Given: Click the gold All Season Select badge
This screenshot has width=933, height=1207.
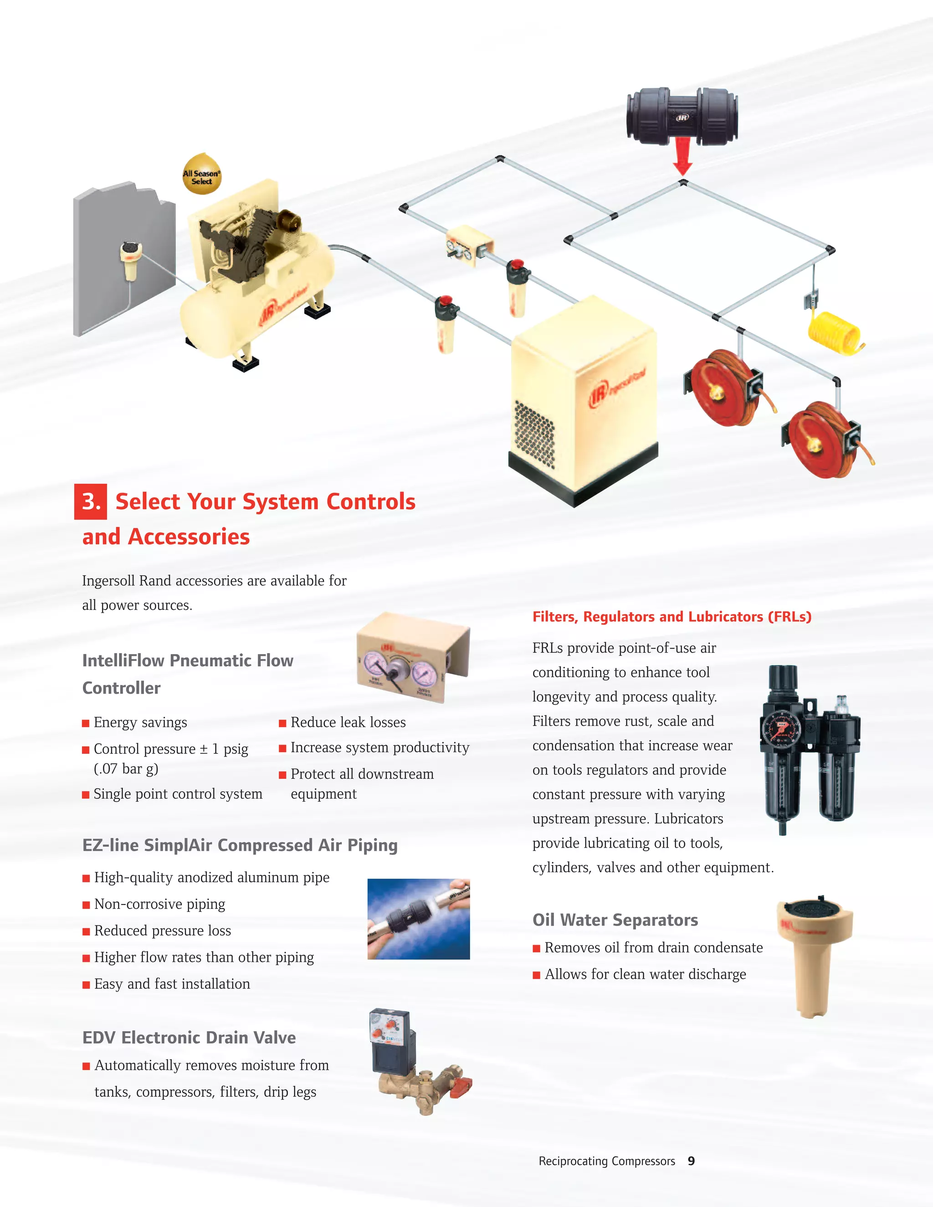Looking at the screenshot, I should (x=202, y=175).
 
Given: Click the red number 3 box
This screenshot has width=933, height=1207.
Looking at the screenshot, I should (x=91, y=502).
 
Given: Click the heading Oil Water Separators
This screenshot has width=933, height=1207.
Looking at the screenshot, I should (x=615, y=920).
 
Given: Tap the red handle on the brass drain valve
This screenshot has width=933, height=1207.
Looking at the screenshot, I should (x=461, y=1089).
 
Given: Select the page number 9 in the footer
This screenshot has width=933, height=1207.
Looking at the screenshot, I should (x=691, y=1161).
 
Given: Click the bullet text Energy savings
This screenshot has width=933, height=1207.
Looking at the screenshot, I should (x=140, y=722).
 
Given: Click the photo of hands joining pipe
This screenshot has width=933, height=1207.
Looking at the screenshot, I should (x=418, y=919).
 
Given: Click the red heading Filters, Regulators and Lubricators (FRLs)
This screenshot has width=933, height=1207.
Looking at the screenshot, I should (x=672, y=617).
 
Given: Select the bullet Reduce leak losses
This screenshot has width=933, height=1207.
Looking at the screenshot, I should (x=348, y=722).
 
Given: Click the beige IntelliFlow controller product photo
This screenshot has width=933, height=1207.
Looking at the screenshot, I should (x=414, y=658).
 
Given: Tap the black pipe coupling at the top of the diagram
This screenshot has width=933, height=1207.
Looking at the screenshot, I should (x=682, y=116).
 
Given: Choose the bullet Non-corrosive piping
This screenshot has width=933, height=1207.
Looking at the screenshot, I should (x=159, y=904).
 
